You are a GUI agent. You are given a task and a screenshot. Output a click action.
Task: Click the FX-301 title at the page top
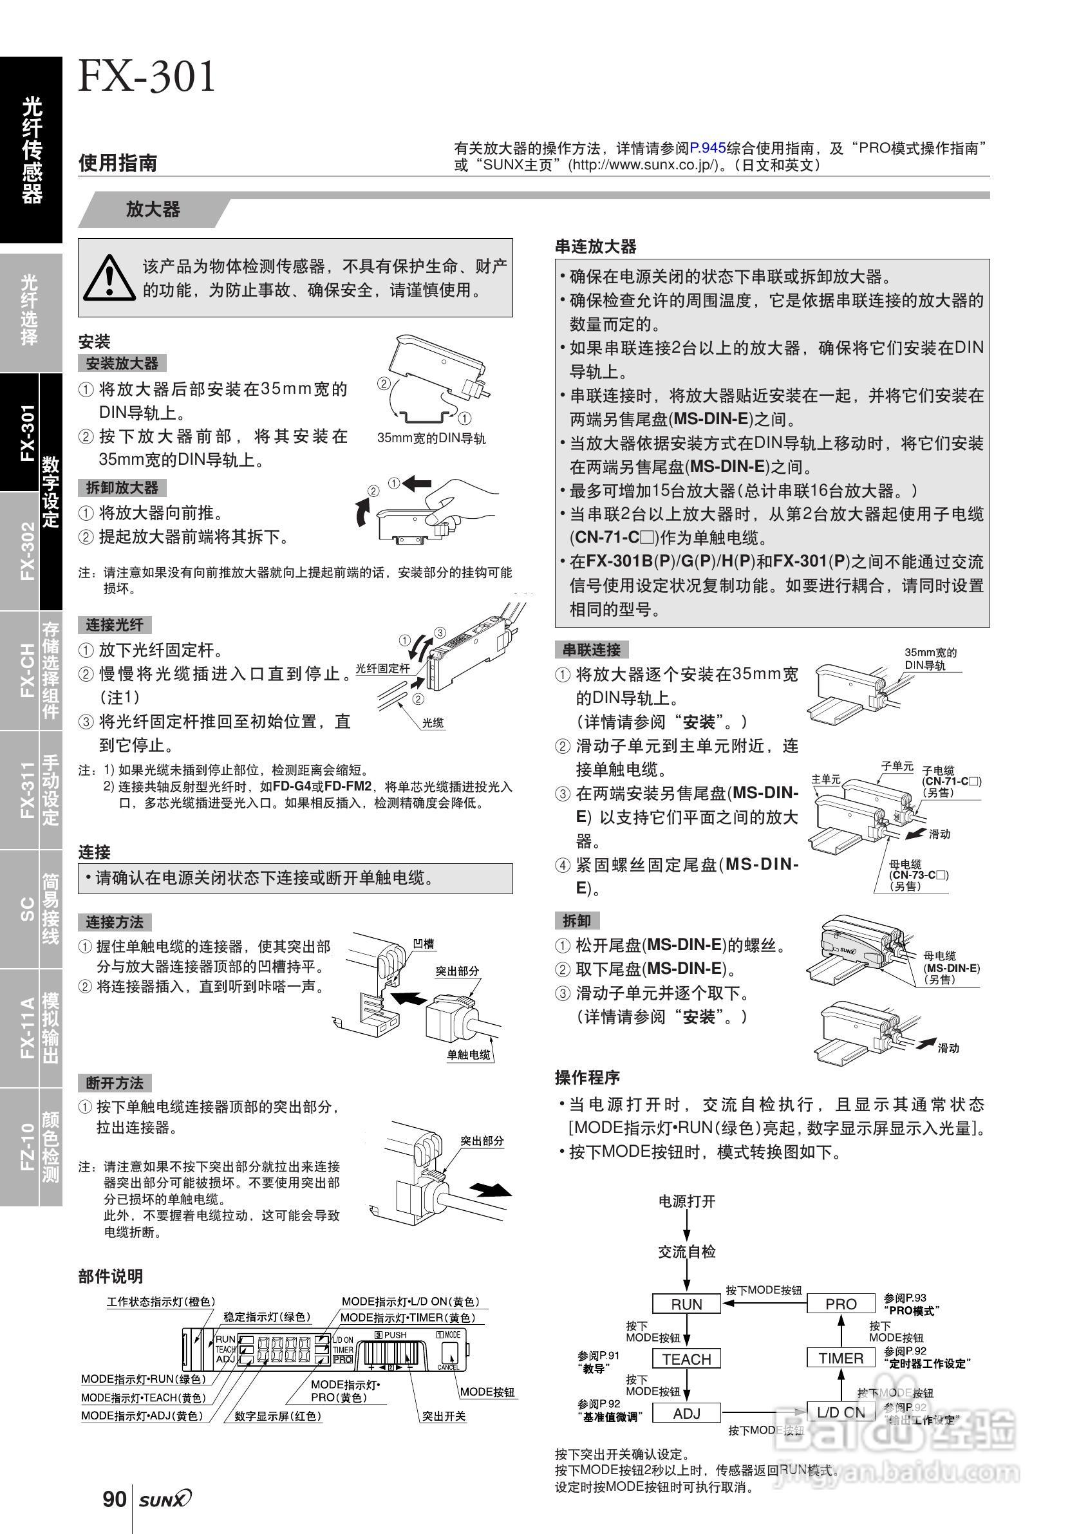[147, 77]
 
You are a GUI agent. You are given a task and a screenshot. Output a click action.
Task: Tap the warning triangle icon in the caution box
[109, 277]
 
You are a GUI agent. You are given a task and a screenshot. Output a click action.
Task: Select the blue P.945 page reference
[708, 147]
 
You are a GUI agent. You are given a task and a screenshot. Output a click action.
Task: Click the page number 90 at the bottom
[115, 1499]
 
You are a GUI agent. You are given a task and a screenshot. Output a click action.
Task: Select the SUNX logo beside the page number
[165, 1499]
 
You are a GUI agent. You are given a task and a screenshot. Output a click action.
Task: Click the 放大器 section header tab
[153, 210]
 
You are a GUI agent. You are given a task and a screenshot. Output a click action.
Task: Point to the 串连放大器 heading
[596, 247]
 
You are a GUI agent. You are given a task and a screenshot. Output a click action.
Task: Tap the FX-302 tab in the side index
[27, 550]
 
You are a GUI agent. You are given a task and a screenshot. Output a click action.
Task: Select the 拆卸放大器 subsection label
[122, 488]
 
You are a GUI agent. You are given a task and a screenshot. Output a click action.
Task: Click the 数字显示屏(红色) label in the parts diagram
[278, 1416]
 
